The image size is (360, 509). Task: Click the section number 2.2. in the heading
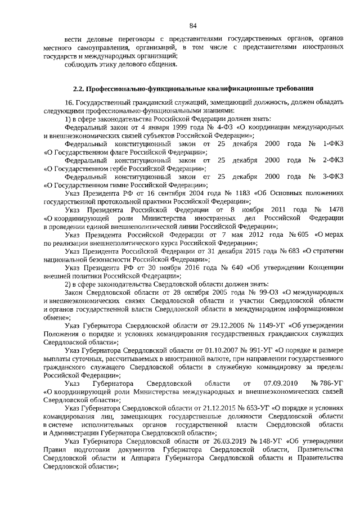click(82, 88)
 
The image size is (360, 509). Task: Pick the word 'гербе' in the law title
click(112, 168)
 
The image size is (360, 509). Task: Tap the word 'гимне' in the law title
click(112, 184)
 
